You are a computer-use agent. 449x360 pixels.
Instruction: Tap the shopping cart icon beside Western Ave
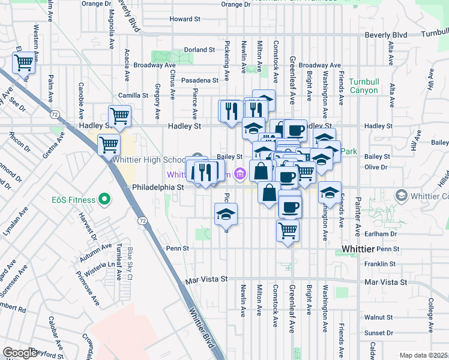click(x=23, y=62)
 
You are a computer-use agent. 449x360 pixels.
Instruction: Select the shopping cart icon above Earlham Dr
click(x=288, y=229)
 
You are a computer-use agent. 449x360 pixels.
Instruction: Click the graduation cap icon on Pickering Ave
click(x=226, y=214)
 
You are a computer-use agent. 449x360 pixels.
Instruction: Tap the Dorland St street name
click(x=199, y=50)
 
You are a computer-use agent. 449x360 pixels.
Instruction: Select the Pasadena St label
click(x=200, y=80)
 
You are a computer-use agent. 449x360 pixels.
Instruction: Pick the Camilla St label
click(x=133, y=95)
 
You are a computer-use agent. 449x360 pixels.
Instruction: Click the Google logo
click(x=20, y=353)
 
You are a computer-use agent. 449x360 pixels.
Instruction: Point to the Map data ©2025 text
click(x=423, y=355)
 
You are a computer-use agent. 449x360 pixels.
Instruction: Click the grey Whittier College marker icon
click(x=402, y=196)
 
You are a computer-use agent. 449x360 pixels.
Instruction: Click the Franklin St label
click(x=384, y=263)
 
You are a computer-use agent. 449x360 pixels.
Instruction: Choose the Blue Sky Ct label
click(x=129, y=265)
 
